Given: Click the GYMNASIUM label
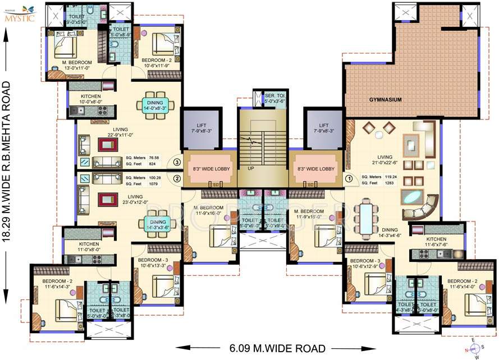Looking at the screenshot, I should pyautogui.click(x=385, y=99).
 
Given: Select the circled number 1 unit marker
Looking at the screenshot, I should pyautogui.click(x=348, y=179).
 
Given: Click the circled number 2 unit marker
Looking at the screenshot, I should pyautogui.click(x=176, y=179).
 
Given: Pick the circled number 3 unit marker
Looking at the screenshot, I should pyautogui.click(x=176, y=163).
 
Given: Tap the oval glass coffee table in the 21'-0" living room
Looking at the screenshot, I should pyautogui.click(x=413, y=197).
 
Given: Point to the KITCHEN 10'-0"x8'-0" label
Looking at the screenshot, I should pyautogui.click(x=91, y=99).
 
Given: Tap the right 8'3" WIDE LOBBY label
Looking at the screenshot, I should pyautogui.click(x=315, y=168).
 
